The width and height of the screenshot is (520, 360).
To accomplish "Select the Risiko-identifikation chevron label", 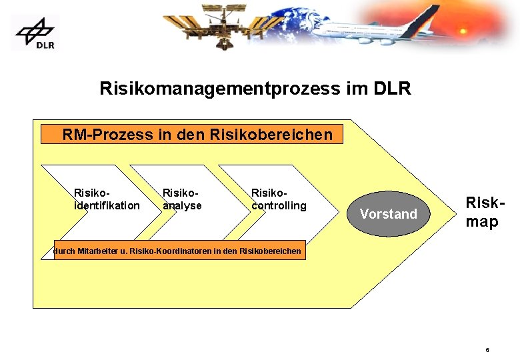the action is pos(107,199).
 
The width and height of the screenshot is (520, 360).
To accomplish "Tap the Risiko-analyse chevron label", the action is pos(182,199).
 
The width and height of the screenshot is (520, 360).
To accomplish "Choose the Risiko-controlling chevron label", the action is pos(279,199).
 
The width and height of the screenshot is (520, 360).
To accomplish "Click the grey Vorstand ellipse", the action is pos(387,214).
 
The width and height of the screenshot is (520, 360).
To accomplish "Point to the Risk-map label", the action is pos(482,212).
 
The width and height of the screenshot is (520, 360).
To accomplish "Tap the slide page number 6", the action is pos(487,349).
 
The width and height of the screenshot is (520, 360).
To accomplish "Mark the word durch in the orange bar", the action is pos(65,252).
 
